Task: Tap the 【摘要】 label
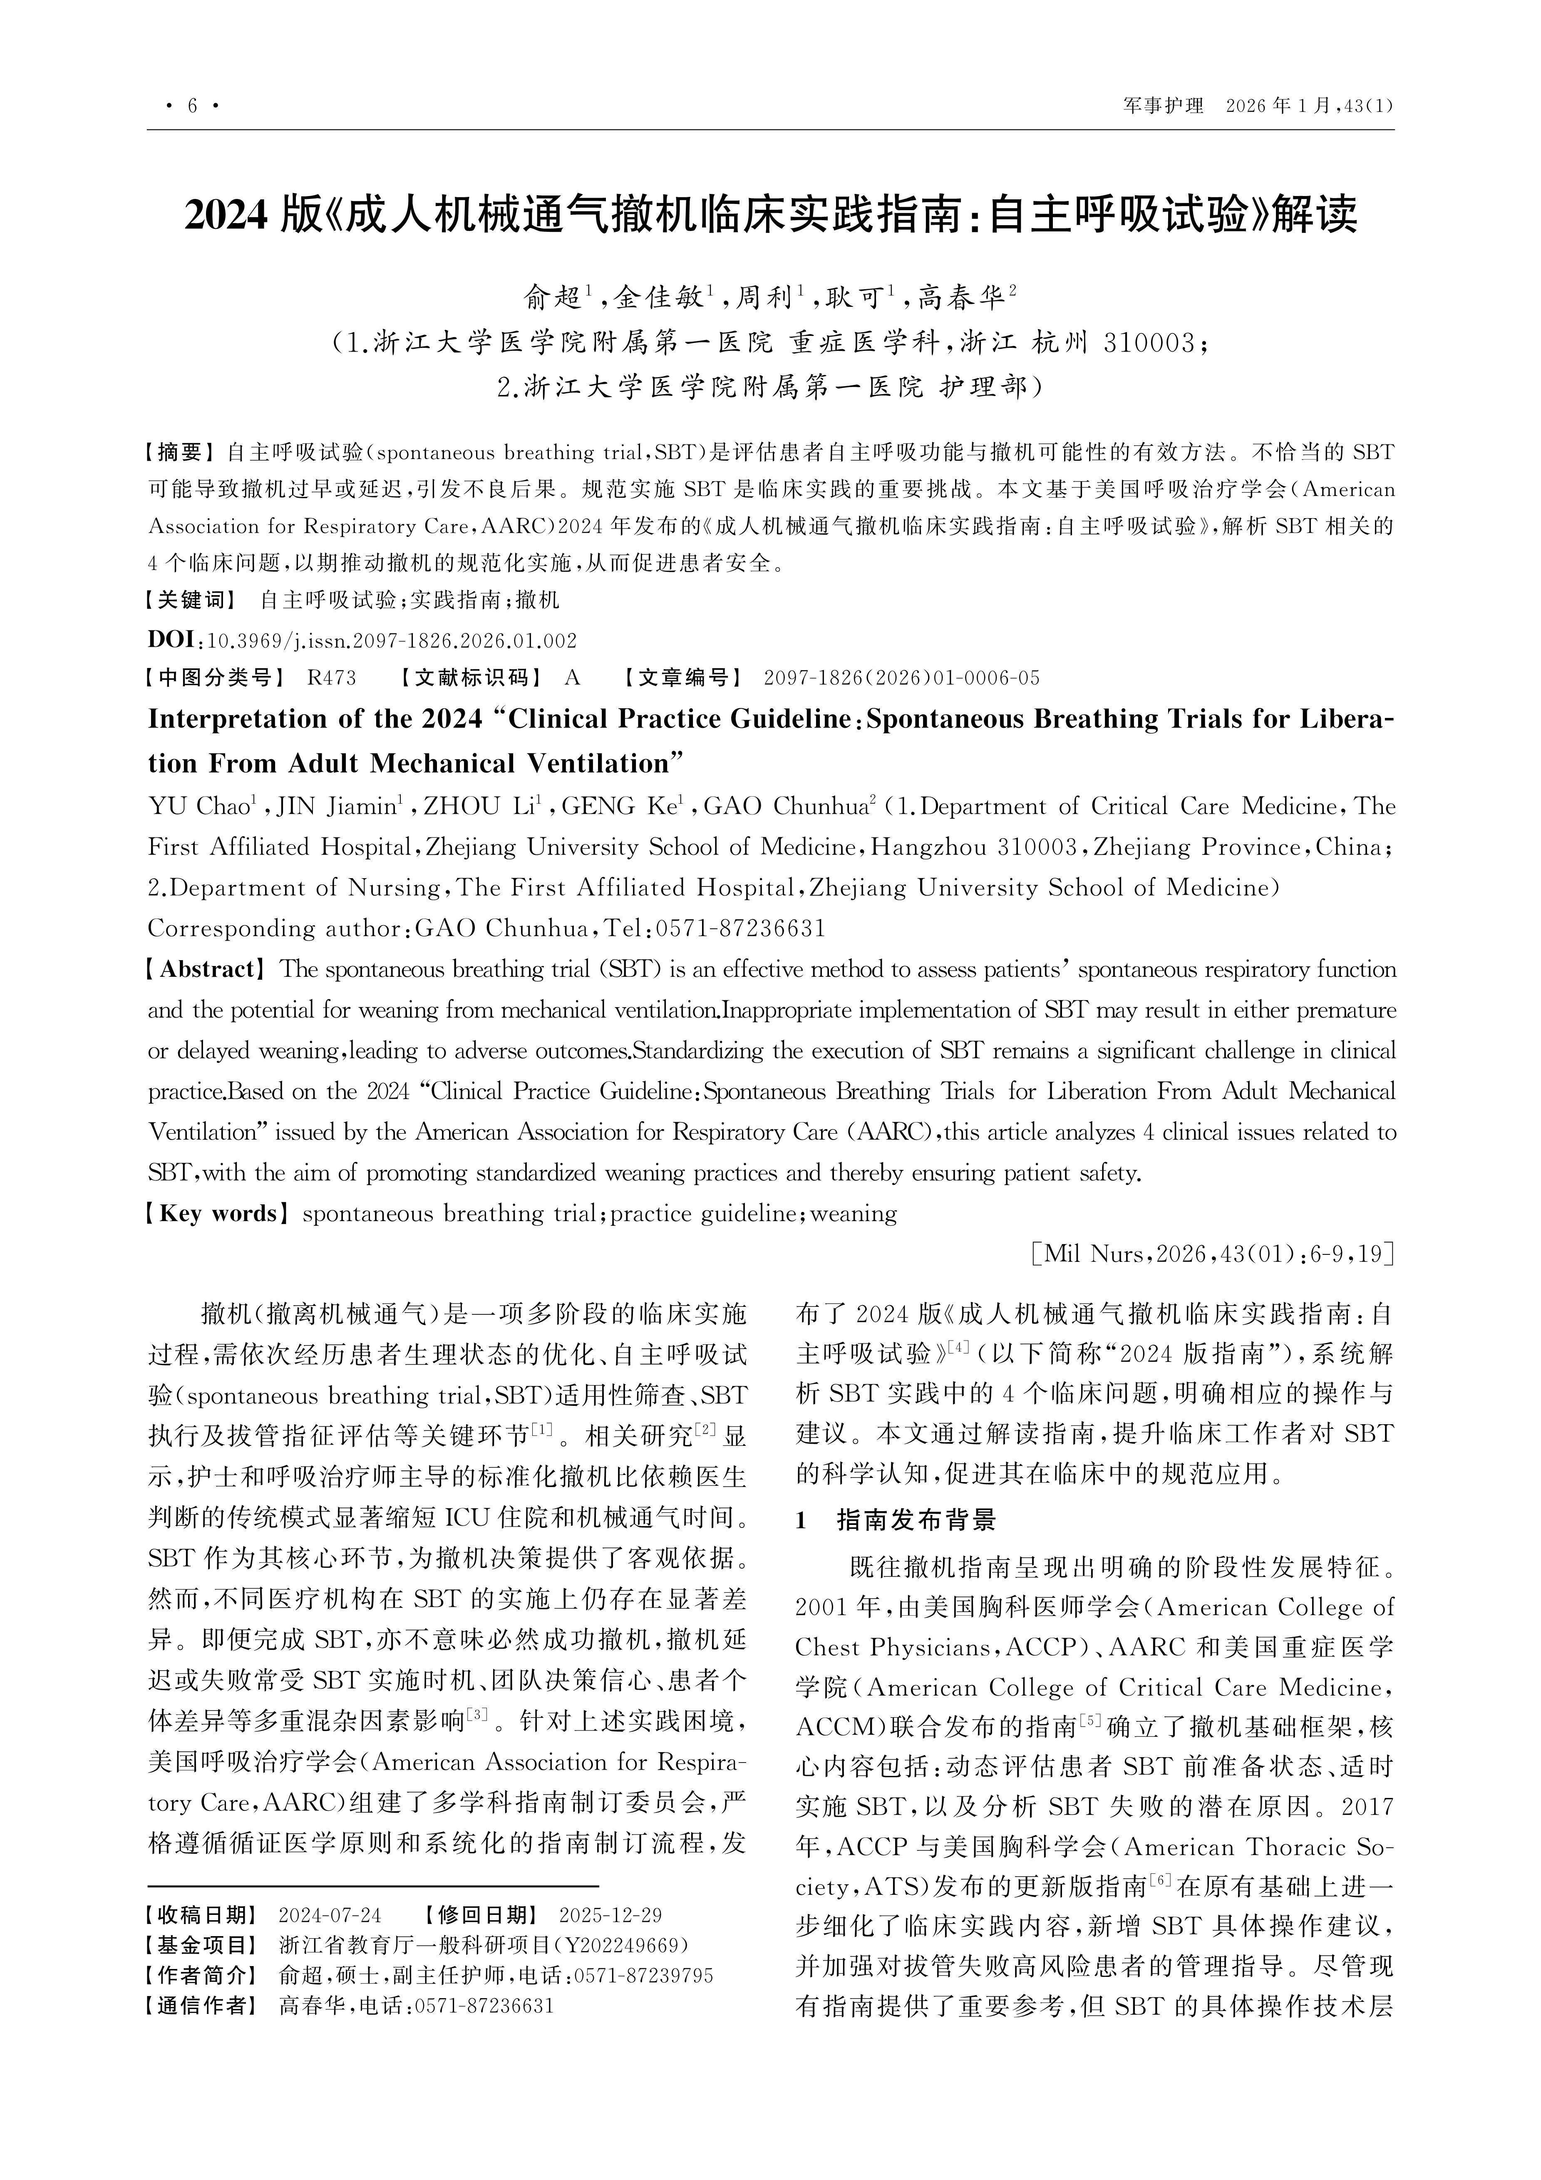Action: pos(180,451)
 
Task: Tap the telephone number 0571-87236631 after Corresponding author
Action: pos(741,928)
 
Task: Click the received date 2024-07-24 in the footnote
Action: pos(330,1915)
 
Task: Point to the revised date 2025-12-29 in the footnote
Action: pos(610,1915)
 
